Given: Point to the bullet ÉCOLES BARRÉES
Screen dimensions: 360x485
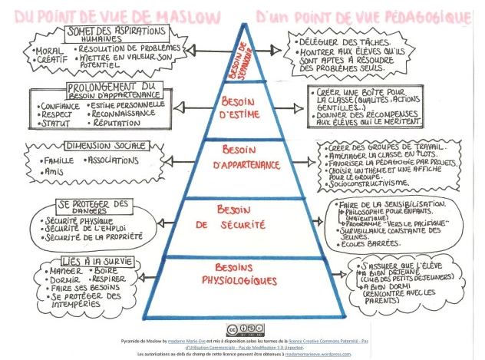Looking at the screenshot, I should pos(364,243).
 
